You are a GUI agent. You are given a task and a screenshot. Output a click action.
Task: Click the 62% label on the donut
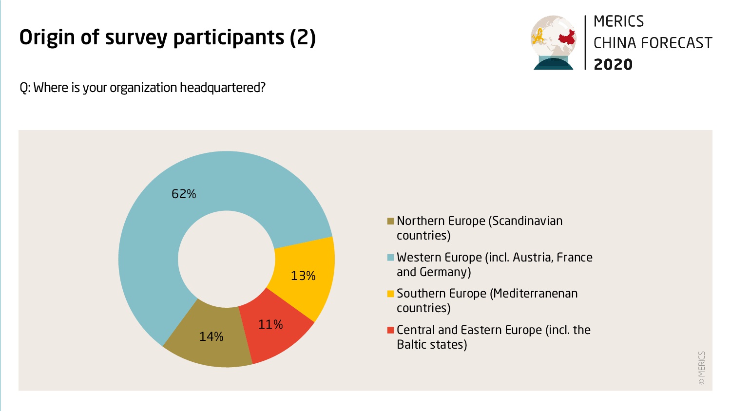[184, 194]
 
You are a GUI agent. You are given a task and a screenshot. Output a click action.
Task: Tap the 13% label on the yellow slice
[303, 276]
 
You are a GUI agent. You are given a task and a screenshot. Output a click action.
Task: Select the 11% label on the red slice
[270, 324]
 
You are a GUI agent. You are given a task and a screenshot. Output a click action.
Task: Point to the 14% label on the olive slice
[212, 336]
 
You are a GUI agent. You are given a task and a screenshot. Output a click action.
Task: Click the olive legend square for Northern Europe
[390, 221]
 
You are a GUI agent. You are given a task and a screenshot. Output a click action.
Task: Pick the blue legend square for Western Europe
[390, 258]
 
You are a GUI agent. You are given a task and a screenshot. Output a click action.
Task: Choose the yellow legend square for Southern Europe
[390, 294]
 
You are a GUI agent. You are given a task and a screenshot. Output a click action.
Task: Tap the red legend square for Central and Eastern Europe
[390, 330]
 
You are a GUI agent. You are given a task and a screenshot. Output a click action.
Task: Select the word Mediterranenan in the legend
[534, 294]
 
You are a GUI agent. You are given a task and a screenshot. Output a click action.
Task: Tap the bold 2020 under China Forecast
[613, 64]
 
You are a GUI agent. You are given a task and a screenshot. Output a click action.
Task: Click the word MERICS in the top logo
[619, 21]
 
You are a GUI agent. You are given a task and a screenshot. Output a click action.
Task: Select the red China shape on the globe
[566, 37]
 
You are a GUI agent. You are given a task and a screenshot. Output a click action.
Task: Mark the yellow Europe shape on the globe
[539, 36]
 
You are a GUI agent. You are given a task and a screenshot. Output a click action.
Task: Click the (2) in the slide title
[303, 37]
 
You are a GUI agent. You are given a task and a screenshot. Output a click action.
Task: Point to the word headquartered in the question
[223, 88]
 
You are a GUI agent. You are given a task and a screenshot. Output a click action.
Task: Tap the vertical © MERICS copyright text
[702, 368]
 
